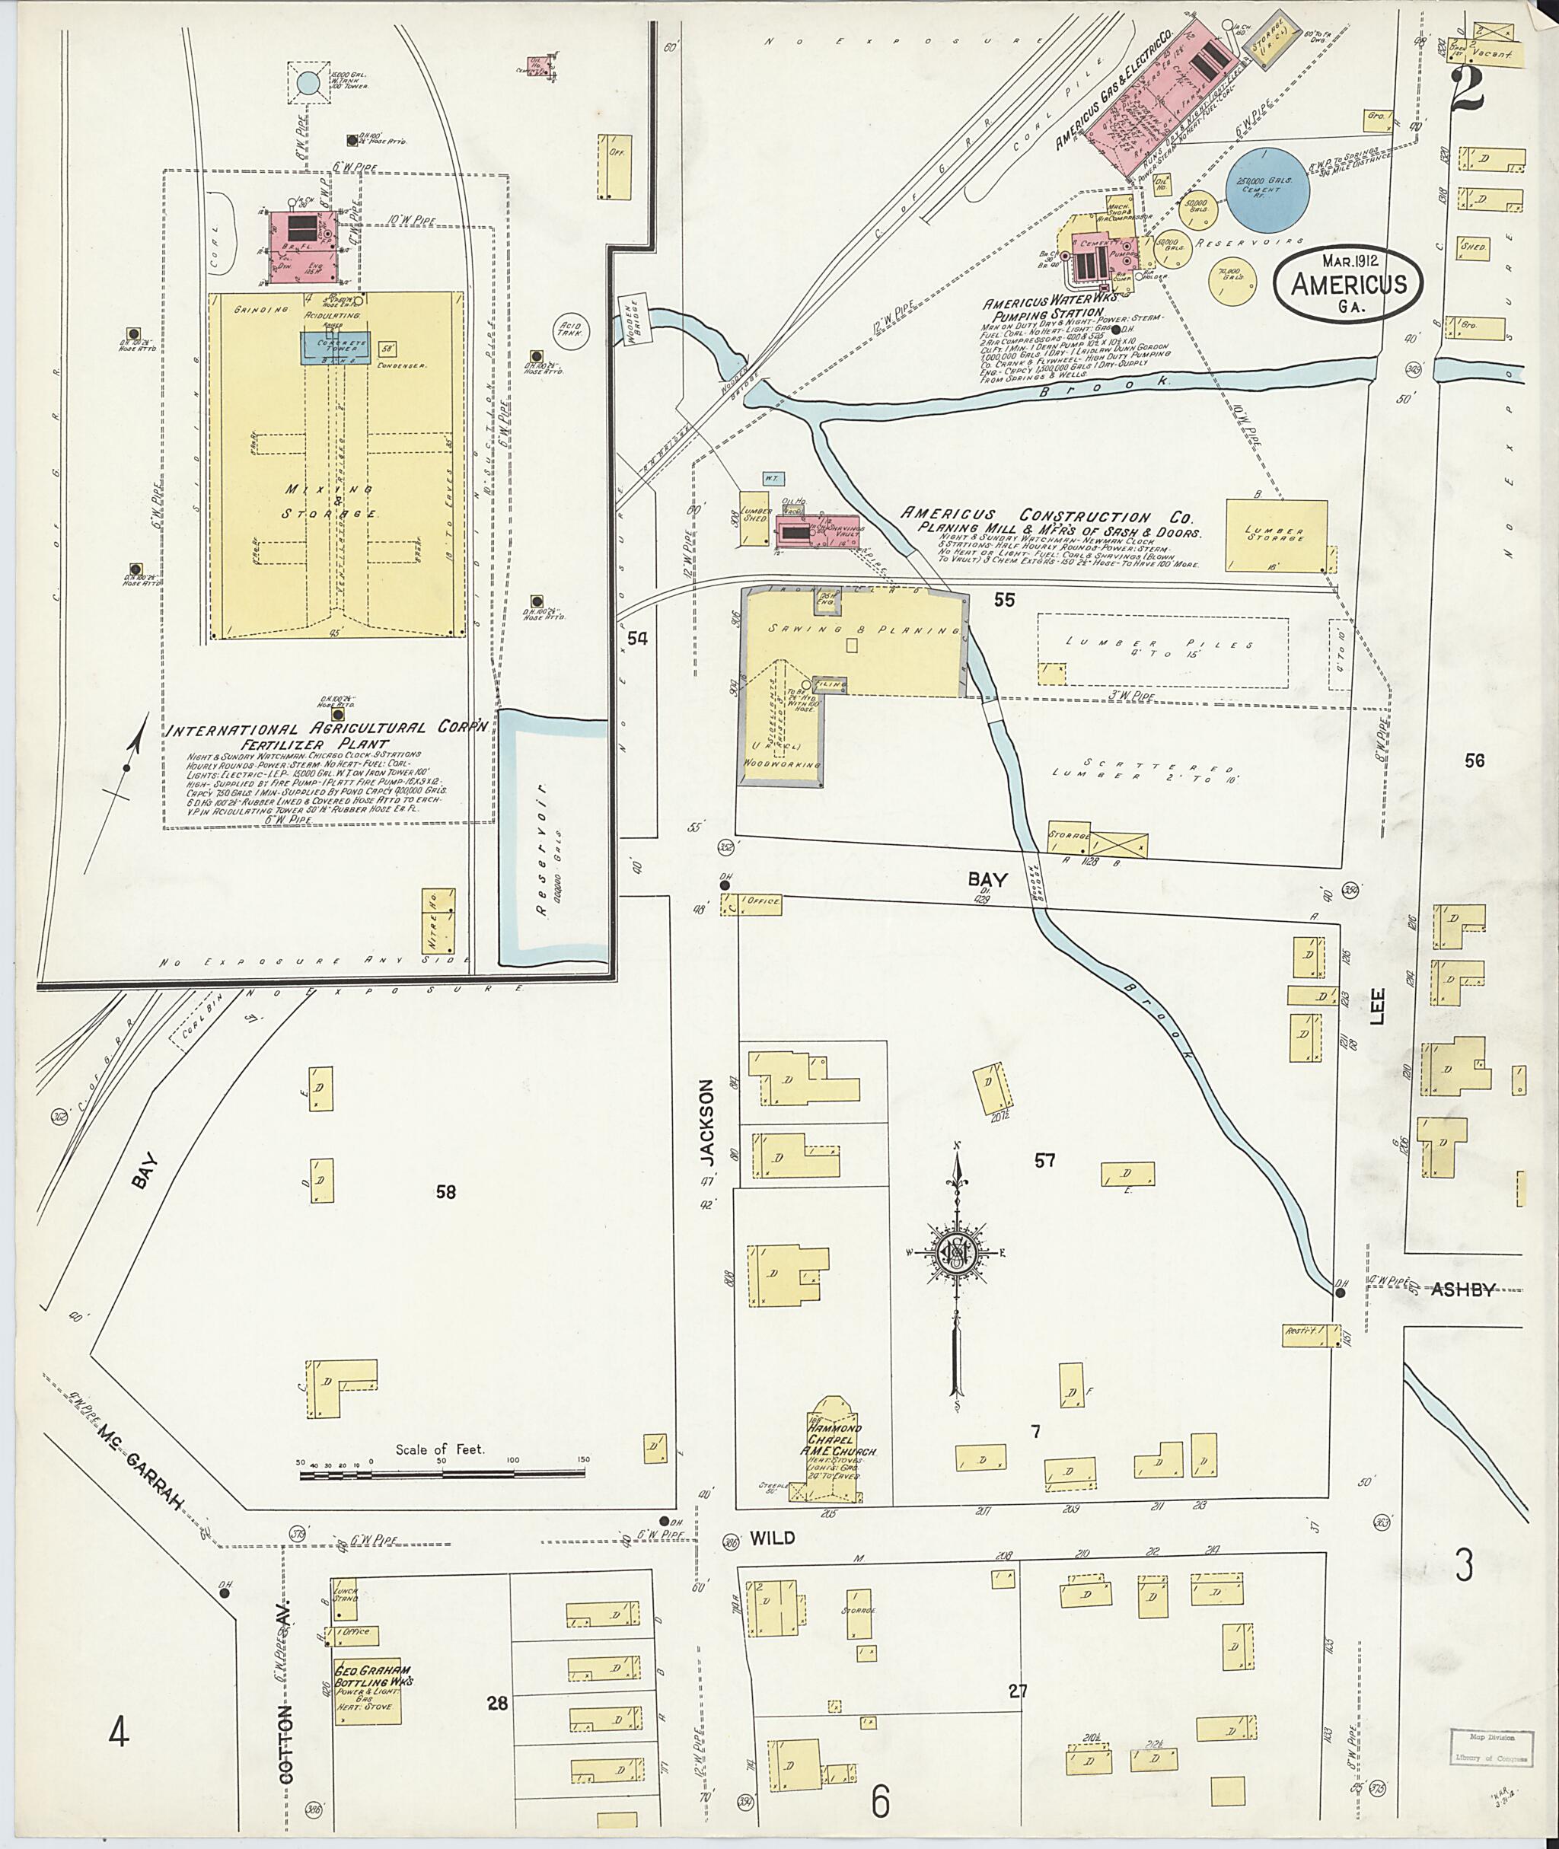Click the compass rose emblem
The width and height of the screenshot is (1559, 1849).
pyautogui.click(x=955, y=1252)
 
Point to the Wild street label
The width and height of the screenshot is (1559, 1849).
pyautogui.click(x=773, y=1538)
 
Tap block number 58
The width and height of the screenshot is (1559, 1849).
pyautogui.click(x=445, y=1192)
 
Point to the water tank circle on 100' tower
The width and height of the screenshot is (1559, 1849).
pyautogui.click(x=308, y=84)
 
